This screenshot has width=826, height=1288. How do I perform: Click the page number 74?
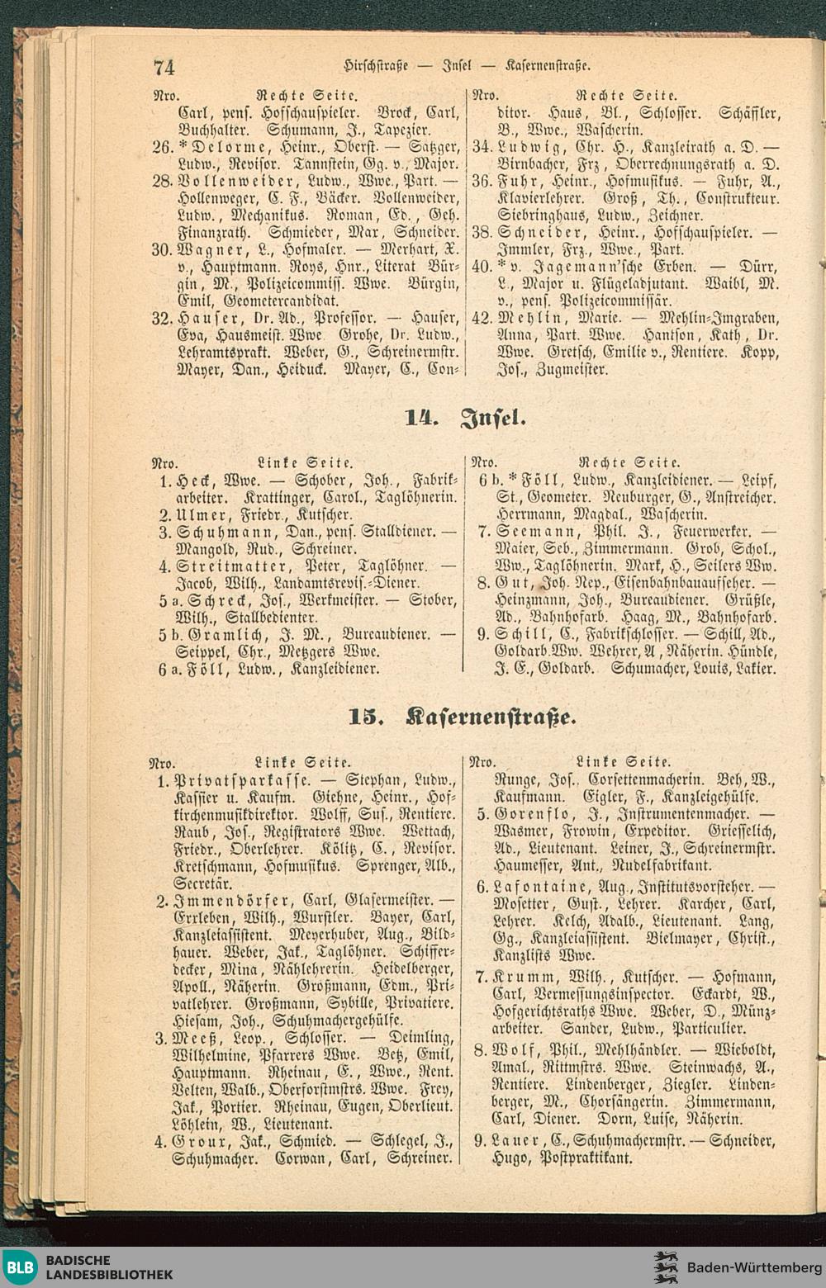click(164, 66)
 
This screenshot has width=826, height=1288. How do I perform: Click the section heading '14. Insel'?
click(464, 417)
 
